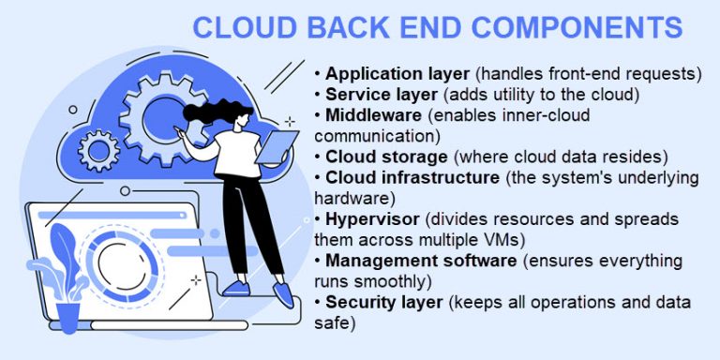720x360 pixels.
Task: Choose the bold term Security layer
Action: pos(381,302)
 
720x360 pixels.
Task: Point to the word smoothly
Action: pos(395,281)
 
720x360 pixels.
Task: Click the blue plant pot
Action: pos(69,316)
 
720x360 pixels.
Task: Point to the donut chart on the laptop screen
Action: pos(126,264)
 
